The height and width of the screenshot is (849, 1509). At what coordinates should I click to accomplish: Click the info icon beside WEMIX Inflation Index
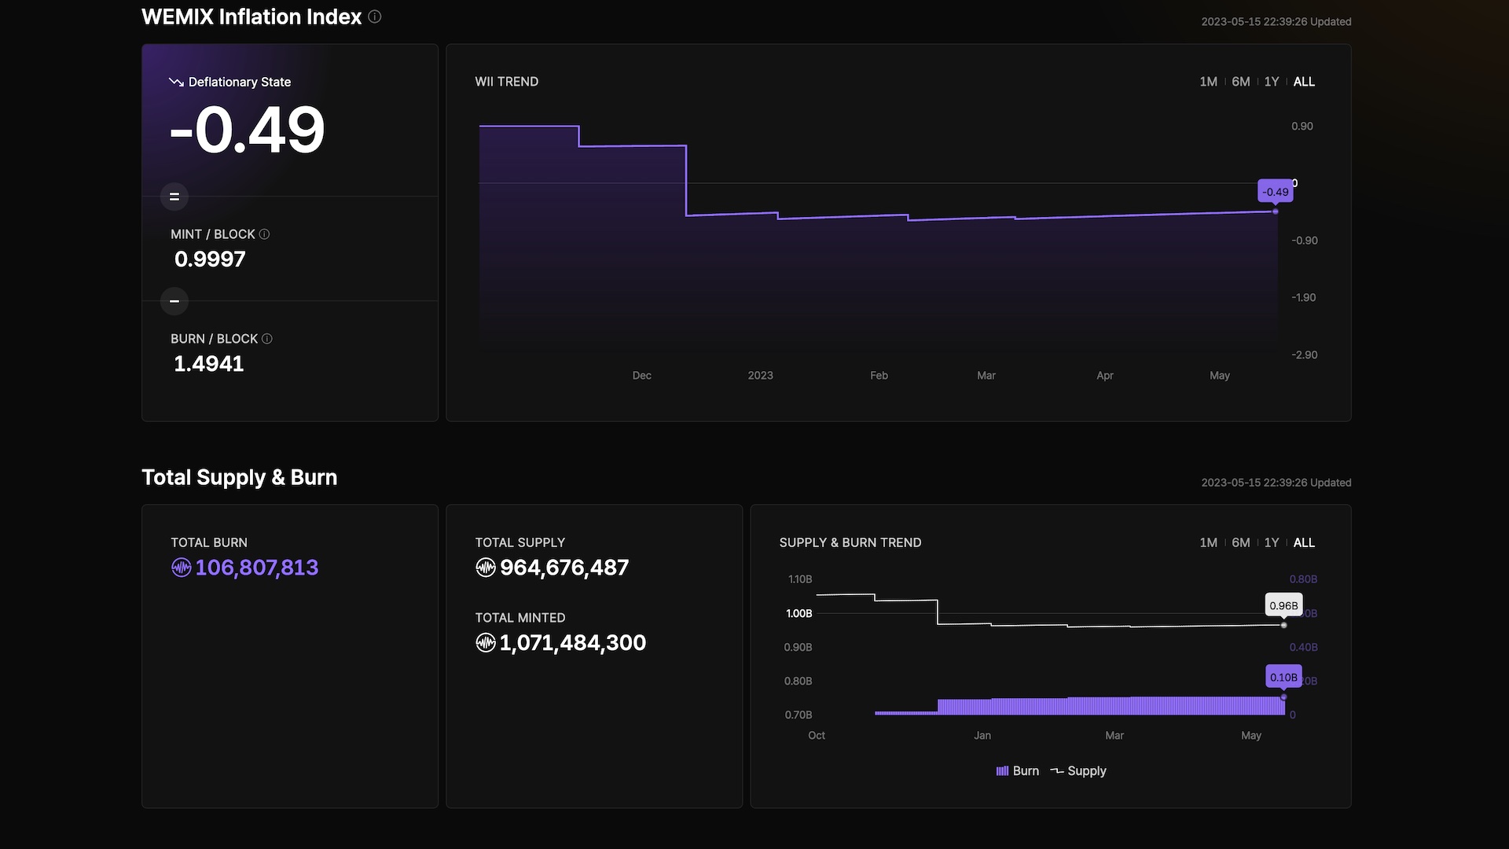coord(375,17)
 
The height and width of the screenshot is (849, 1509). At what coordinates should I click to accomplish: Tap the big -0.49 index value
coord(247,130)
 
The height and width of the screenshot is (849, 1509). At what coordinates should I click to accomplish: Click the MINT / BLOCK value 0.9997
coord(210,259)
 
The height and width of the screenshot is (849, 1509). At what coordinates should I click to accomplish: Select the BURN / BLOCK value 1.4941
coord(209,363)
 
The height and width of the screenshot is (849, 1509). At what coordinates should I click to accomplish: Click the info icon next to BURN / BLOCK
coord(267,339)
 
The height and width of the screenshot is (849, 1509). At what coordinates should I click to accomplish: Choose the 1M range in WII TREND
coord(1208,82)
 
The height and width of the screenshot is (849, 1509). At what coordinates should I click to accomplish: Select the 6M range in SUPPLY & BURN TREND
coord(1241,542)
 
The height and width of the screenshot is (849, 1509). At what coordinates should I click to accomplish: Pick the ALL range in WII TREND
coord(1304,82)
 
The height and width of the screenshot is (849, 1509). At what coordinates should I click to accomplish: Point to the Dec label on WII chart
coord(641,376)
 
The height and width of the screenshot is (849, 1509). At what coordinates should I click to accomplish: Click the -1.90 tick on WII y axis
coord(1304,297)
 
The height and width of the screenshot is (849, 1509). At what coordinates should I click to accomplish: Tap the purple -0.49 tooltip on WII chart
coord(1276,192)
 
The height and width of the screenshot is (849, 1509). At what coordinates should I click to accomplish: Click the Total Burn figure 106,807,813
coord(256,568)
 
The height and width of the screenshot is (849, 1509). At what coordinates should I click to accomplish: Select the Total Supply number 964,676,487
coord(564,568)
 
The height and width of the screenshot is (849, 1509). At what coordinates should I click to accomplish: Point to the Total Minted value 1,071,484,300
coord(573,643)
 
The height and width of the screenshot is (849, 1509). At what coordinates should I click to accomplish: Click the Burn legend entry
coord(1018,771)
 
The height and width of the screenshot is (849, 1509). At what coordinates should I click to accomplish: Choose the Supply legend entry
coord(1078,771)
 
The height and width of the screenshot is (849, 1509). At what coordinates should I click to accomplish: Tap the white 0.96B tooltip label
coord(1284,605)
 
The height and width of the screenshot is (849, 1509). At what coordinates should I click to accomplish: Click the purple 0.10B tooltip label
coord(1284,677)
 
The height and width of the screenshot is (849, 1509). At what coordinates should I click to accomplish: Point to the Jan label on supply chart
coord(982,736)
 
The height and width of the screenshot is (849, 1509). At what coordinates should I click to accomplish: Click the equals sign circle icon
coord(174,197)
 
